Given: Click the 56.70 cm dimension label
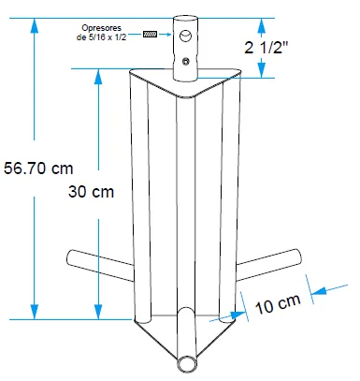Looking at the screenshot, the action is pyautogui.click(x=38, y=169).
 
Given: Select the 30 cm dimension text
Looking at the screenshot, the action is pyautogui.click(x=91, y=192).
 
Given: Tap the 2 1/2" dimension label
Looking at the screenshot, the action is pyautogui.click(x=266, y=48).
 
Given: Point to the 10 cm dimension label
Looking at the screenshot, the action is pyautogui.click(x=278, y=303).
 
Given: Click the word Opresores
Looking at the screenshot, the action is pyautogui.click(x=101, y=28).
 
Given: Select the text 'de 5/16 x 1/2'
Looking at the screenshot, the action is pyautogui.click(x=101, y=37).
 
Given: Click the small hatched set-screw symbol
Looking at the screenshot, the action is pyautogui.click(x=150, y=34).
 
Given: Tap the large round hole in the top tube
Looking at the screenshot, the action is pyautogui.click(x=185, y=36).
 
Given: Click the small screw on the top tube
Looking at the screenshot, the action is pyautogui.click(x=186, y=61).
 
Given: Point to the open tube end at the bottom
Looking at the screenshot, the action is pyautogui.click(x=187, y=364).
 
